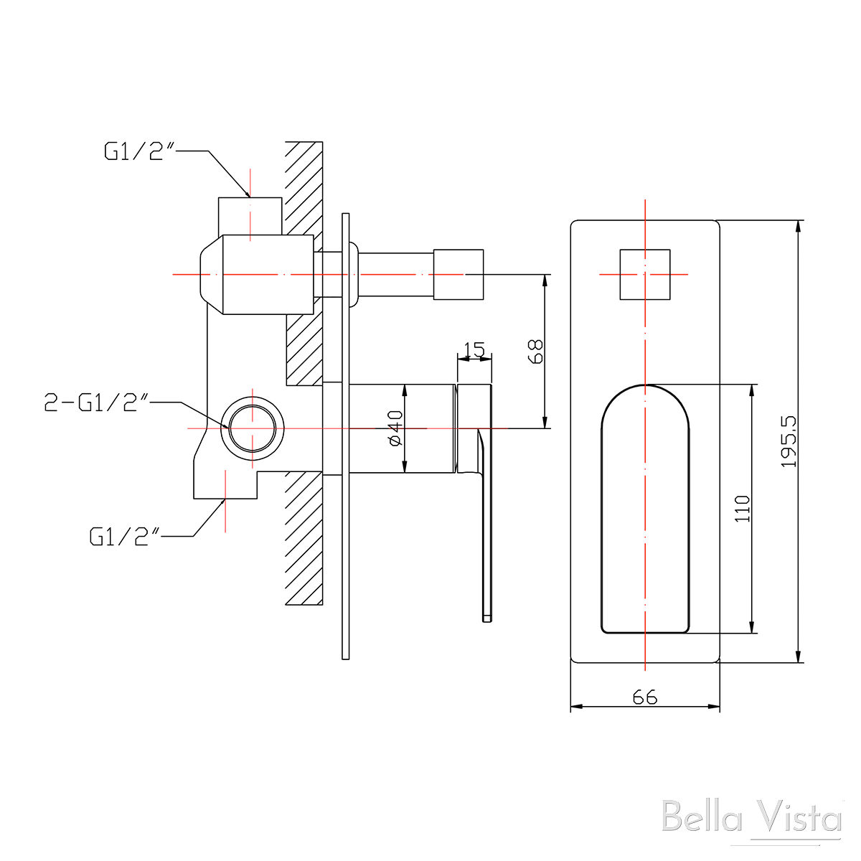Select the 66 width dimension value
point(645,696)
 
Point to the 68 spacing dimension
point(535,352)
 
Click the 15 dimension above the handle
point(475,350)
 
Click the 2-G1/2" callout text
point(96,403)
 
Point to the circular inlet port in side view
point(253,428)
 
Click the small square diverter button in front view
point(644,274)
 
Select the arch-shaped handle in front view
point(644,509)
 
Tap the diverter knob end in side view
point(458,274)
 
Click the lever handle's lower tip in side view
point(487,613)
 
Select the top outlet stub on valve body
point(250,215)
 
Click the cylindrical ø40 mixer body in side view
point(402,429)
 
